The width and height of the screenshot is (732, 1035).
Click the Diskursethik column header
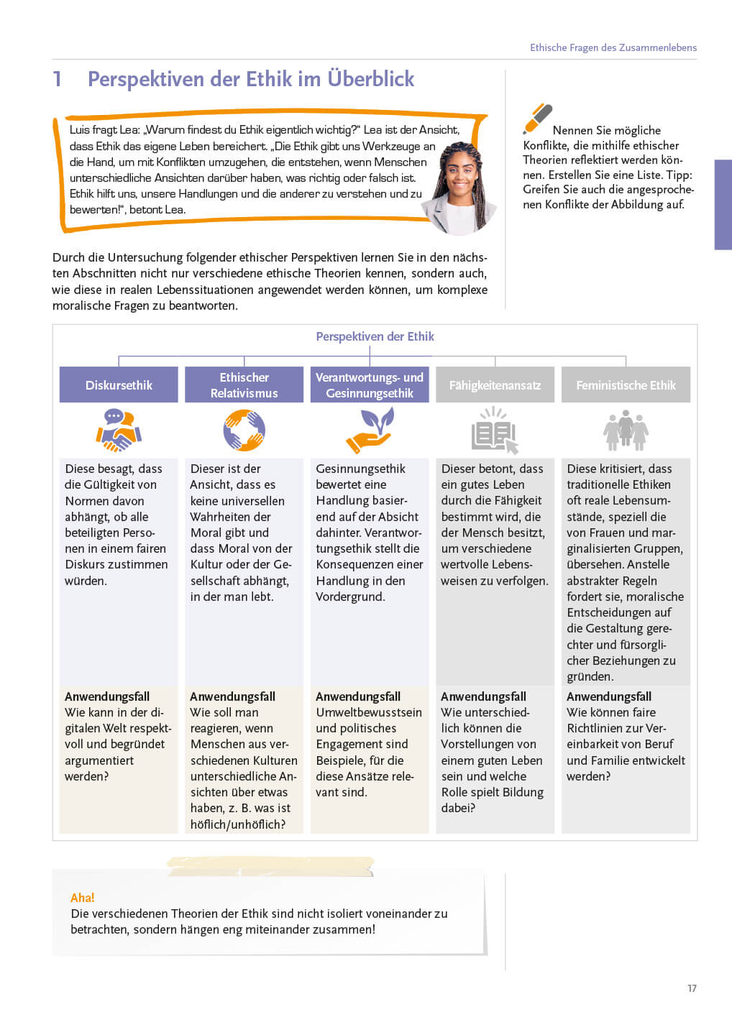tap(119, 385)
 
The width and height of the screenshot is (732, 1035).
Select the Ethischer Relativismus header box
tap(244, 385)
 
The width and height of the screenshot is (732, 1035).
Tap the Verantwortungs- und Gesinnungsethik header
tap(370, 385)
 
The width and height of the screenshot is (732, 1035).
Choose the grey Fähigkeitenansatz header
tap(495, 385)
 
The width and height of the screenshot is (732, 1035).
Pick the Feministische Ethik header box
tap(626, 385)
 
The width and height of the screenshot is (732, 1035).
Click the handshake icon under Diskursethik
tap(119, 430)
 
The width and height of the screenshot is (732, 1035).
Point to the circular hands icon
tap(244, 430)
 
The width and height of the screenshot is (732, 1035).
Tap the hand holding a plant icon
tap(370, 430)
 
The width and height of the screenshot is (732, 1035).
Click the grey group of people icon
tap(626, 431)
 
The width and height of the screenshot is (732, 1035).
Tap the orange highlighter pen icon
tap(537, 119)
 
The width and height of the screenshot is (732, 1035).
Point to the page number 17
tap(692, 988)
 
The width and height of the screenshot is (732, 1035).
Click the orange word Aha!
tap(82, 898)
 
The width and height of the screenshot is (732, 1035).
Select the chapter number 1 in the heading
tap(58, 79)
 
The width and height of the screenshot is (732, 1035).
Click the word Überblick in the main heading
tap(371, 79)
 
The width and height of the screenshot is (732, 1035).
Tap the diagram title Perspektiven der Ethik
tap(375, 336)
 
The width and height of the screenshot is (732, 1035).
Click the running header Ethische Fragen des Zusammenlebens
tap(613, 47)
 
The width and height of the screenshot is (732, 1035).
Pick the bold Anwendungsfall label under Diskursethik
tap(107, 696)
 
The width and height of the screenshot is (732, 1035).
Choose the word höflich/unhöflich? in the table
tap(237, 824)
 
